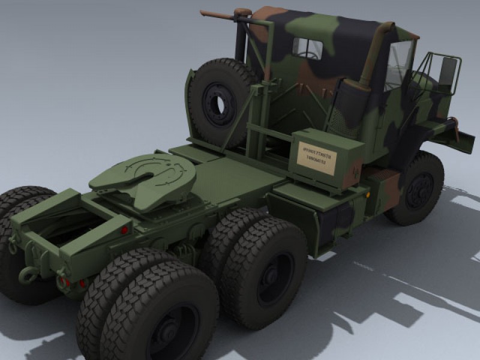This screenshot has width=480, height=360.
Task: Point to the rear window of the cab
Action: [x=308, y=48]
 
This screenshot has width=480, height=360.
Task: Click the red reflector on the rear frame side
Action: [x=125, y=229]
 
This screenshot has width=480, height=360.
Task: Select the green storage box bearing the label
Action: [x=324, y=159]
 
